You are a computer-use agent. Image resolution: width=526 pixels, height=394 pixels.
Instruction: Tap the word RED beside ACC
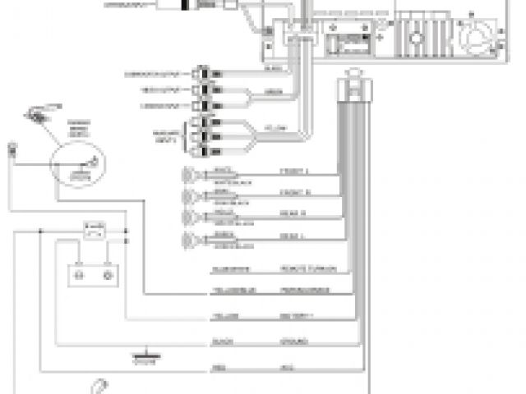click(218, 366)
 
